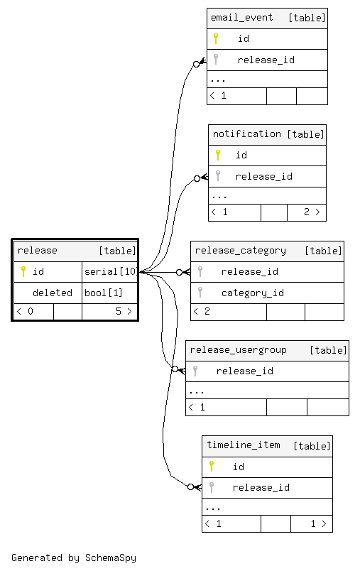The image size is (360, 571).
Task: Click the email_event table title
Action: [x=241, y=18]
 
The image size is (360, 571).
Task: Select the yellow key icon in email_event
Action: [x=215, y=38]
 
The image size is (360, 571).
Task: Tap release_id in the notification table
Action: [x=264, y=177]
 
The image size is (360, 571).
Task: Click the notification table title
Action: [x=247, y=134]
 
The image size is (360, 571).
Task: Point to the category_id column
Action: [x=253, y=293]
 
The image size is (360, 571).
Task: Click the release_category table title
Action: [x=241, y=251]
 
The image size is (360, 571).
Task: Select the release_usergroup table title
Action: [x=239, y=350]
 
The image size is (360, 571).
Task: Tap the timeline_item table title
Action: [x=244, y=445]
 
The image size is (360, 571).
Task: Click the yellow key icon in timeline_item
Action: [x=212, y=467]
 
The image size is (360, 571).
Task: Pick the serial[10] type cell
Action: [x=111, y=272]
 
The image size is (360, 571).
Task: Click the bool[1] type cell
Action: [x=104, y=293]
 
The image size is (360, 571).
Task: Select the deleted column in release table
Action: [x=53, y=293]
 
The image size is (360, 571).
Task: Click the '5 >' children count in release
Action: [x=124, y=311]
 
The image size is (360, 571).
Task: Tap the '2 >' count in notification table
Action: [x=312, y=212]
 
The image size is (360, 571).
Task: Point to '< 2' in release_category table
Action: [x=202, y=311]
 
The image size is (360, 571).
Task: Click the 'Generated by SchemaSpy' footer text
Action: [x=74, y=558]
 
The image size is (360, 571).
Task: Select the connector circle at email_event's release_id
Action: [x=196, y=64]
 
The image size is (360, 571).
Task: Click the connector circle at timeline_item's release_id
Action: [x=190, y=487]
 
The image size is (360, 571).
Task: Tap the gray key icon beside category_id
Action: [x=200, y=293]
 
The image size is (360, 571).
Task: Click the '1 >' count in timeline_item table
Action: [x=319, y=523]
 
